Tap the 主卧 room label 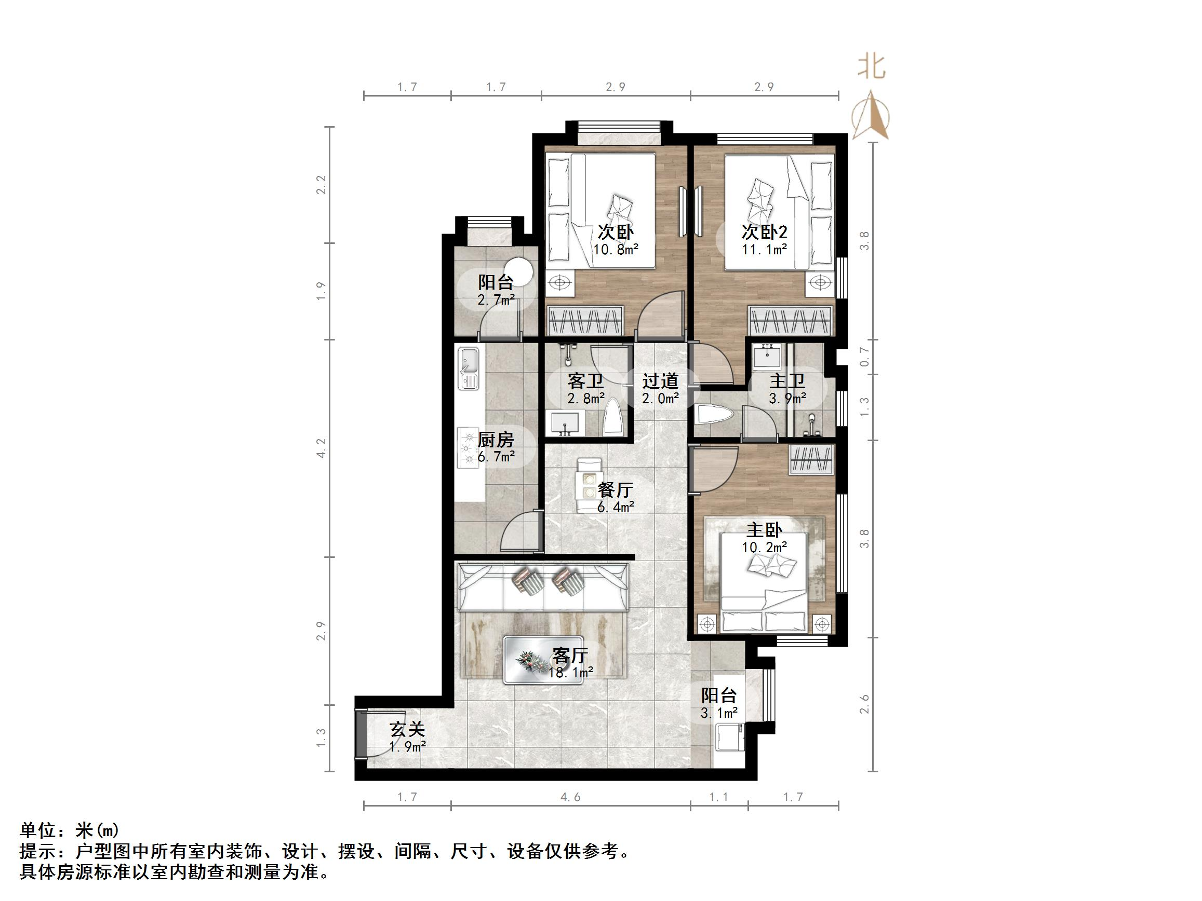(x=765, y=529)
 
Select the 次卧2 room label (x=765, y=233)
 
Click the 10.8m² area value (x=616, y=250)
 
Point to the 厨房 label (x=496, y=440)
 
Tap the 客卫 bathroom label (x=585, y=381)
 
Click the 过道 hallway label (x=660, y=381)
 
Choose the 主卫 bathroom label (x=787, y=381)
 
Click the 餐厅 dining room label (x=615, y=490)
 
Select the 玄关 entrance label (x=407, y=729)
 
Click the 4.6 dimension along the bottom (x=570, y=797)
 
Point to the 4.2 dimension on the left (x=321, y=448)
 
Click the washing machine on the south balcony (x=728, y=736)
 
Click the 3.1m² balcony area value (x=719, y=713)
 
